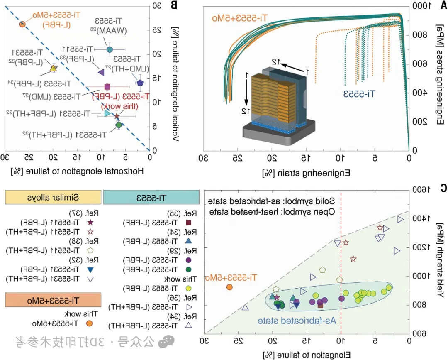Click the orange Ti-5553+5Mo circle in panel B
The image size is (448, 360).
pos(23,24)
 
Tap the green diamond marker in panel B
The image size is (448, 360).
pos(119,125)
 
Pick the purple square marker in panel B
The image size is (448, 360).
pos(107,87)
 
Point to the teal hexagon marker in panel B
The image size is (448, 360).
pos(110,50)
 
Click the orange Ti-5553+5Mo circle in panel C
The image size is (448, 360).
pos(229,287)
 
